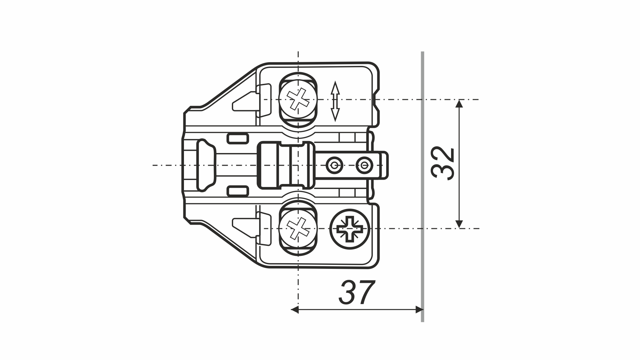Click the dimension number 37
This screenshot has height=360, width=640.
tap(357, 293)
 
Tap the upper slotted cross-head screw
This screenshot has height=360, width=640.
tap(298, 99)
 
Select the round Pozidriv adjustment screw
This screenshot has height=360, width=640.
tap(350, 229)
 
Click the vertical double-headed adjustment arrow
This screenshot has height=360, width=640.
tap(335, 101)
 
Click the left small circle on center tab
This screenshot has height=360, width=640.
tap(334, 164)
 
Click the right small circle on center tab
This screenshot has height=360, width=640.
tap(363, 164)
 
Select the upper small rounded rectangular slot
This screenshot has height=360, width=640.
tap(238, 138)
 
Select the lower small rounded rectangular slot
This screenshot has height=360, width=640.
tap(238, 191)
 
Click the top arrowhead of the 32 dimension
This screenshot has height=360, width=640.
tap(459, 104)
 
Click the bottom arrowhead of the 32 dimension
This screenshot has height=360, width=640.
tap(459, 224)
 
